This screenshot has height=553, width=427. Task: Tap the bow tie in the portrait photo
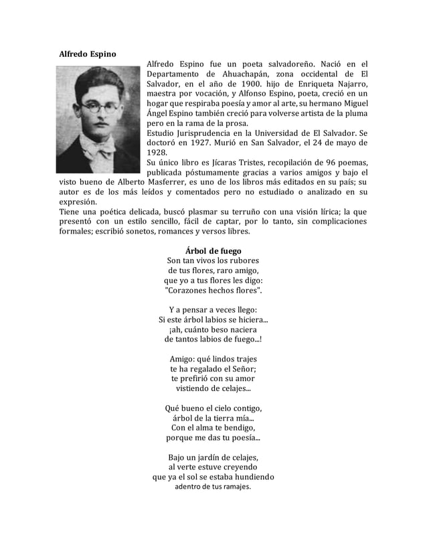(x=97, y=149)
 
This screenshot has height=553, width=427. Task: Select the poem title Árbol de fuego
(x=213, y=250)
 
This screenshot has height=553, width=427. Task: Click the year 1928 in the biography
(x=157, y=152)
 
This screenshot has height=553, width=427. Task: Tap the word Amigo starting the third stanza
(x=183, y=358)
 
